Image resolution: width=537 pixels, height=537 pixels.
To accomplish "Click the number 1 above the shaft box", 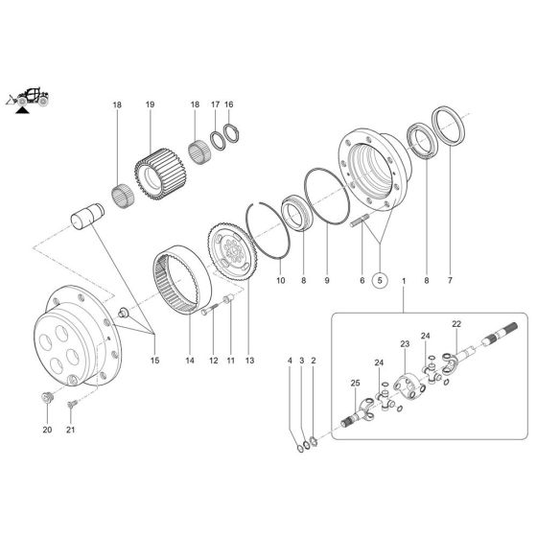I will coord(404,281).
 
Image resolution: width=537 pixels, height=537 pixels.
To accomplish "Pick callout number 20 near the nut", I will coord(46,431).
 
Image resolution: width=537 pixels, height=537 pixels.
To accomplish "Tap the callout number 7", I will coord(447,281).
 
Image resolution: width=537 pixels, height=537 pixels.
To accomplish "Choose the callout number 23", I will coord(405,342).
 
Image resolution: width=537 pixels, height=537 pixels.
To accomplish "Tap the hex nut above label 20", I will coord(46,399).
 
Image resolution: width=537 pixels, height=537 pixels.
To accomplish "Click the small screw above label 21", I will coord(70,405).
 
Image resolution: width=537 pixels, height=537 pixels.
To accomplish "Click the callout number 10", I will coord(281,281).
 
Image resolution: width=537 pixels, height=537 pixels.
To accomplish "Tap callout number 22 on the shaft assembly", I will coord(456,323).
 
